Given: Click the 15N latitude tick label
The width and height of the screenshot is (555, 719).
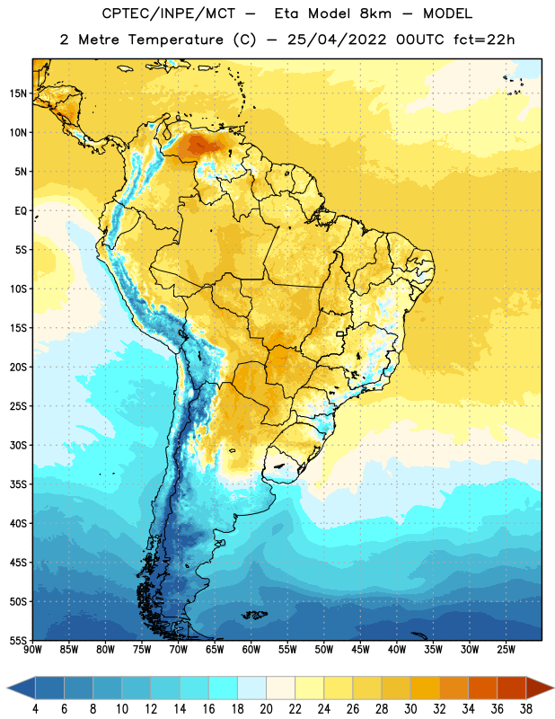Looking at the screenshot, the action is (18, 93).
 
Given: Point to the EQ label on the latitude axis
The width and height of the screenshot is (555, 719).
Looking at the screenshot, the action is (21, 211).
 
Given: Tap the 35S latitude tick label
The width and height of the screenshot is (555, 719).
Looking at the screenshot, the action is (18, 484).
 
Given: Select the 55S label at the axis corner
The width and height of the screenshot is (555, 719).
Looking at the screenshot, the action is (18, 640).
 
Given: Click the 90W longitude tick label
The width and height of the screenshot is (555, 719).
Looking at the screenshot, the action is (32, 650).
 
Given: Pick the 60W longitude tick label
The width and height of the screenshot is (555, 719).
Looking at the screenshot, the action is (251, 650).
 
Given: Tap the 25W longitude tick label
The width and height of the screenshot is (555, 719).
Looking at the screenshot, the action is (506, 650).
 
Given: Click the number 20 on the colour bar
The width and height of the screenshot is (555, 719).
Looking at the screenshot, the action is (266, 709).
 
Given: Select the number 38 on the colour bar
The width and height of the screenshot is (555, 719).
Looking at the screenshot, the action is (526, 709).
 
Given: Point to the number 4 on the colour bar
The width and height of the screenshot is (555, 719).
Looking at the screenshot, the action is (35, 709).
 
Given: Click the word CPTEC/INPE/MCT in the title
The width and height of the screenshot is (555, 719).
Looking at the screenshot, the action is (169, 13).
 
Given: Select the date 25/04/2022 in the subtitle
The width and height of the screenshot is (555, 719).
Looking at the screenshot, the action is (337, 40).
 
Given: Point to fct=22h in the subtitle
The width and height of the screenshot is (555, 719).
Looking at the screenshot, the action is (484, 40).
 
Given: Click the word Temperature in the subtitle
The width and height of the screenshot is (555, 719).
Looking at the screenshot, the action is (175, 40).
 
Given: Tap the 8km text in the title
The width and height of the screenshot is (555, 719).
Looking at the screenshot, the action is (375, 13).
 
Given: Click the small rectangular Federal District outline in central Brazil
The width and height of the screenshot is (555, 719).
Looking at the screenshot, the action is (340, 333).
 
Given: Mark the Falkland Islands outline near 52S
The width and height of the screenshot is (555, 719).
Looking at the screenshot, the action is (255, 615).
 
